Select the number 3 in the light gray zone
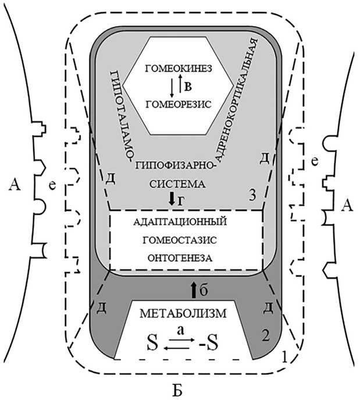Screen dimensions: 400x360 [252, 197]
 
